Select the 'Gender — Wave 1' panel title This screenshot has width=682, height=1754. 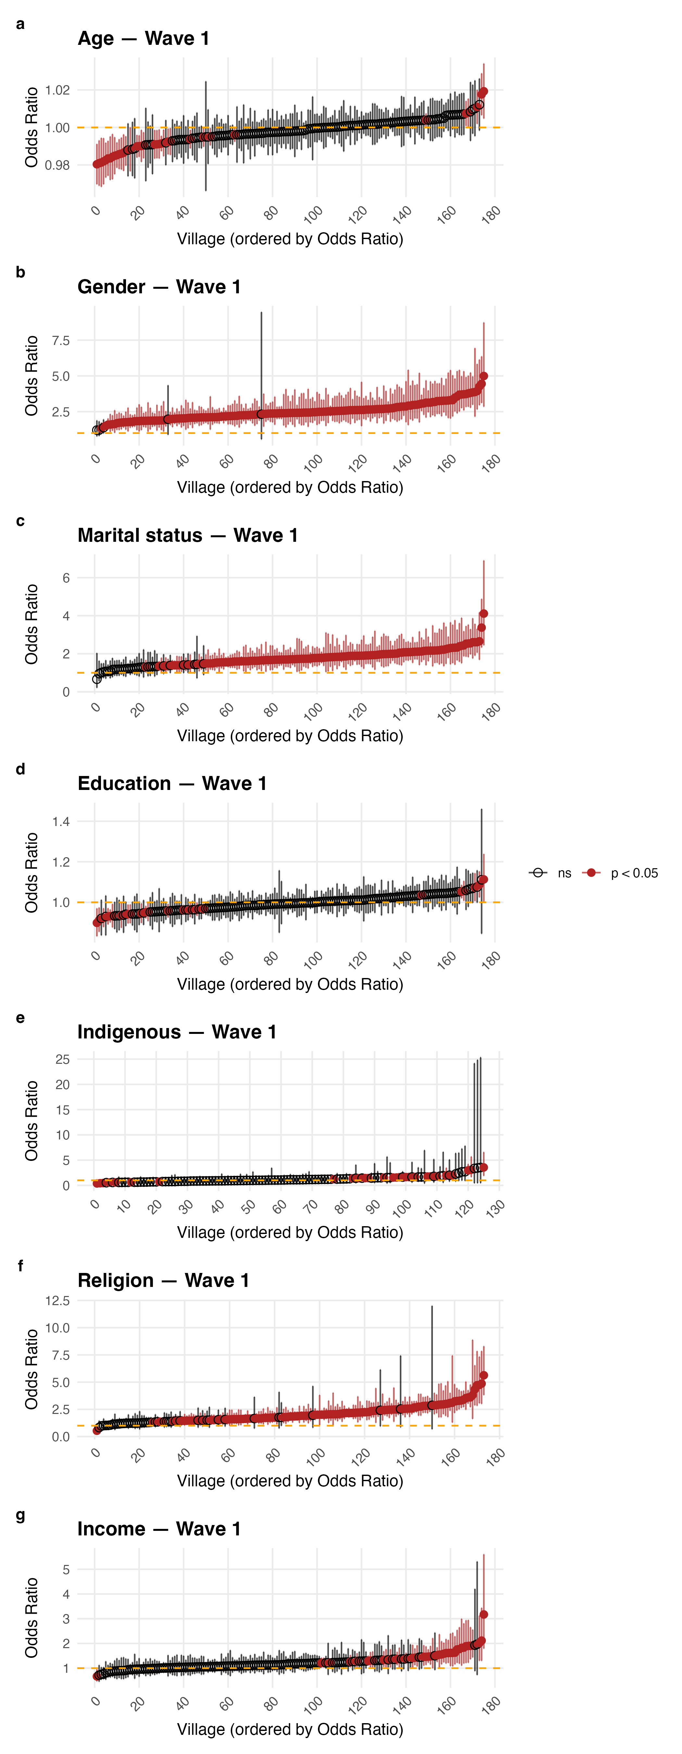click(x=158, y=287)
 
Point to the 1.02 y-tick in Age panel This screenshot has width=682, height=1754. click(x=57, y=90)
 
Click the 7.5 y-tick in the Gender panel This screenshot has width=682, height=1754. click(x=61, y=340)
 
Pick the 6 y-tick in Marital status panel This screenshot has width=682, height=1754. click(x=66, y=578)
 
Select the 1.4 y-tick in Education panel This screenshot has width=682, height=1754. click(x=61, y=821)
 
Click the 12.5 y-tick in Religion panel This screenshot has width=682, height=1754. click(x=57, y=1301)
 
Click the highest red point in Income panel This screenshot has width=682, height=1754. click(x=483, y=1614)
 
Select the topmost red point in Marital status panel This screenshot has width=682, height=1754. click(x=483, y=614)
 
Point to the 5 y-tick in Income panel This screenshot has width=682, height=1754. click(x=66, y=1570)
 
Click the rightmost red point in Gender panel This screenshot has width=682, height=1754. click(x=483, y=376)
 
